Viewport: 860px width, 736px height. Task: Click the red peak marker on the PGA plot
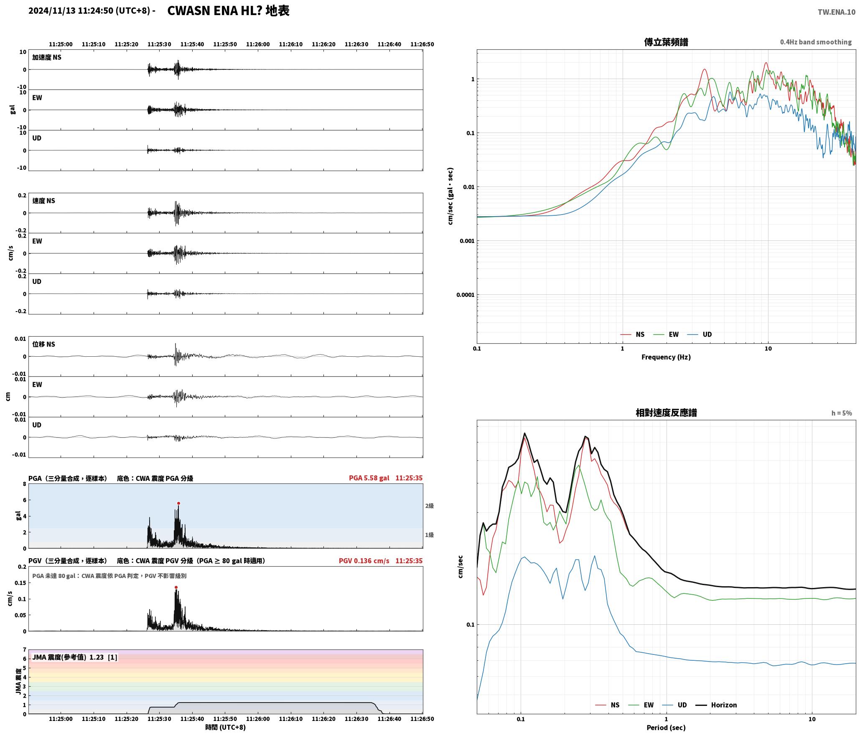click(178, 503)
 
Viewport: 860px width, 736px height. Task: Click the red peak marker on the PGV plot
click(176, 588)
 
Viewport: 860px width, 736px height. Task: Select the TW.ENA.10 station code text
click(837, 12)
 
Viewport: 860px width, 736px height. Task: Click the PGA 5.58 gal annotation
click(369, 478)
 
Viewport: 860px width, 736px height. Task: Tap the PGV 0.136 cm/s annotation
click(364, 561)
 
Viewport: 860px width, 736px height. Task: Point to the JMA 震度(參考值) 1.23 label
click(68, 657)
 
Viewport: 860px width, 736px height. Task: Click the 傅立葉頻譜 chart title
click(666, 42)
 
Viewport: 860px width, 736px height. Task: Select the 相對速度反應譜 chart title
click(666, 413)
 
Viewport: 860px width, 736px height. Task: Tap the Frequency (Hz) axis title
click(666, 357)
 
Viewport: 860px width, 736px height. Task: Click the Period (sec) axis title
click(666, 727)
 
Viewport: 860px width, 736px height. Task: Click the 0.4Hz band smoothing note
click(816, 42)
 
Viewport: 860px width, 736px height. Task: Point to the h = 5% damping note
click(841, 413)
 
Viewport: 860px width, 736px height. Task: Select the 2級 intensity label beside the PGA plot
click(429, 506)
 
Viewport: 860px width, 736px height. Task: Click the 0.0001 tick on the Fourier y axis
click(465, 295)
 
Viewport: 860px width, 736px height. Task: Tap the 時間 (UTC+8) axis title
click(225, 727)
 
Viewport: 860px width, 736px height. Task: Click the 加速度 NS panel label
click(47, 57)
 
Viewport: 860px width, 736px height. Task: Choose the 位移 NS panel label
click(44, 344)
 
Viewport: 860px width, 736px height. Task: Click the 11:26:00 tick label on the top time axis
click(258, 44)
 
